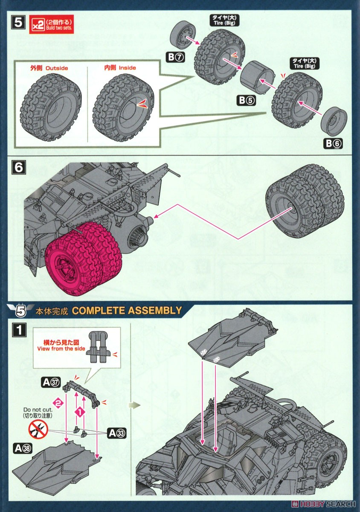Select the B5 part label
[246, 101]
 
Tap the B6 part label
[334, 144]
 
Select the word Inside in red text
[127, 68]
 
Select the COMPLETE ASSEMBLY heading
[127, 310]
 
